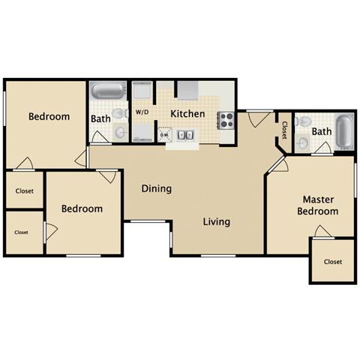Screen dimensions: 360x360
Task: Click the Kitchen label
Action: [x=187, y=114]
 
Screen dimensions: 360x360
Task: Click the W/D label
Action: [x=142, y=112]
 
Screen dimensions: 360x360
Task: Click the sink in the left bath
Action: [x=120, y=133]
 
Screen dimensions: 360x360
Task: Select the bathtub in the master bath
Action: [x=343, y=131]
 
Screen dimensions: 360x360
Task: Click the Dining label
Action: [x=157, y=189]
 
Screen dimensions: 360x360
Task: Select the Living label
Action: [x=217, y=222]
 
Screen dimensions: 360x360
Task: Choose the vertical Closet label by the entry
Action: [x=283, y=131]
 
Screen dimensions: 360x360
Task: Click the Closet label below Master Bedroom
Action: [x=332, y=262]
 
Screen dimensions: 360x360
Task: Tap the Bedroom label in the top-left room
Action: [x=49, y=116]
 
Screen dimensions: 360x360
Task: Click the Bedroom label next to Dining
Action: [x=82, y=208]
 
